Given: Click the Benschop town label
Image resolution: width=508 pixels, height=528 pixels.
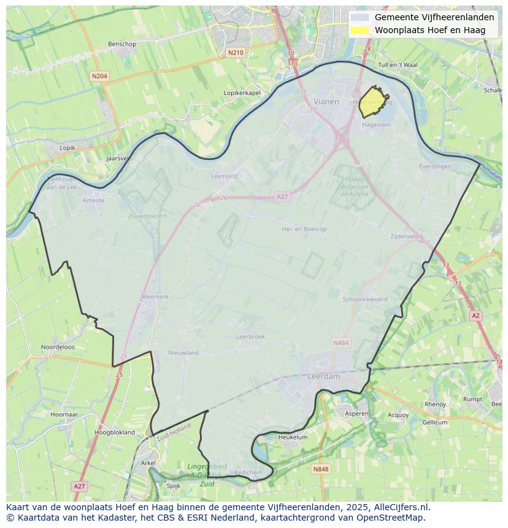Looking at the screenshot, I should click(x=121, y=44).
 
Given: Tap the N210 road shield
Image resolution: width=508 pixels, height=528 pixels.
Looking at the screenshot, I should click(x=235, y=53).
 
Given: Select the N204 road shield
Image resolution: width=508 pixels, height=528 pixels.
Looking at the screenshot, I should click(x=99, y=76).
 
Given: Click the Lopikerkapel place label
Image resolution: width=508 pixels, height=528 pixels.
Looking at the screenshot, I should click(x=242, y=93).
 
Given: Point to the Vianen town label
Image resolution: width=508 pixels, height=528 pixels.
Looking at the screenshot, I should click(x=326, y=102).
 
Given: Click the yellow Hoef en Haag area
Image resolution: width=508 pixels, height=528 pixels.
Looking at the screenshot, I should click(x=372, y=102).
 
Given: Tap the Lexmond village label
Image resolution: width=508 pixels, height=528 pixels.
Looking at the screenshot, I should click(x=224, y=176).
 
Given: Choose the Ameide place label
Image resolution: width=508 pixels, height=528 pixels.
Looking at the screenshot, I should click(x=93, y=200).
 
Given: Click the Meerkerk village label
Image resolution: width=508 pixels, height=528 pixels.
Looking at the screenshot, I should click(x=155, y=296).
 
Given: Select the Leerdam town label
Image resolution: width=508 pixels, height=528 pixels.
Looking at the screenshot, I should click(x=323, y=377).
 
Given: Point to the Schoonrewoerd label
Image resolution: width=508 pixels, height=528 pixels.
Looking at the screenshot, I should click(x=365, y=299).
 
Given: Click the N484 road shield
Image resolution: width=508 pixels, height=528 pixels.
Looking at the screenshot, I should click(x=340, y=342).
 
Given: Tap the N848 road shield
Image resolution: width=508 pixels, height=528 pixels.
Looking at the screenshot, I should click(x=320, y=469).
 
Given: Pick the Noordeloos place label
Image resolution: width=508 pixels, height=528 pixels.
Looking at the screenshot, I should click(x=58, y=346).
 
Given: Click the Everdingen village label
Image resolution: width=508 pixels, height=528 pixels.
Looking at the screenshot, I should click(x=435, y=166).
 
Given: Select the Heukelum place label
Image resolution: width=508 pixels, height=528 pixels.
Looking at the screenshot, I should click(x=293, y=437).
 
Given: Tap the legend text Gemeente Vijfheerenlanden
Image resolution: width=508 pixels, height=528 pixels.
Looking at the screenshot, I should click(x=434, y=17).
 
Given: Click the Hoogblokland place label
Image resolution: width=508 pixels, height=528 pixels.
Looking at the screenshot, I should click(x=115, y=432).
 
